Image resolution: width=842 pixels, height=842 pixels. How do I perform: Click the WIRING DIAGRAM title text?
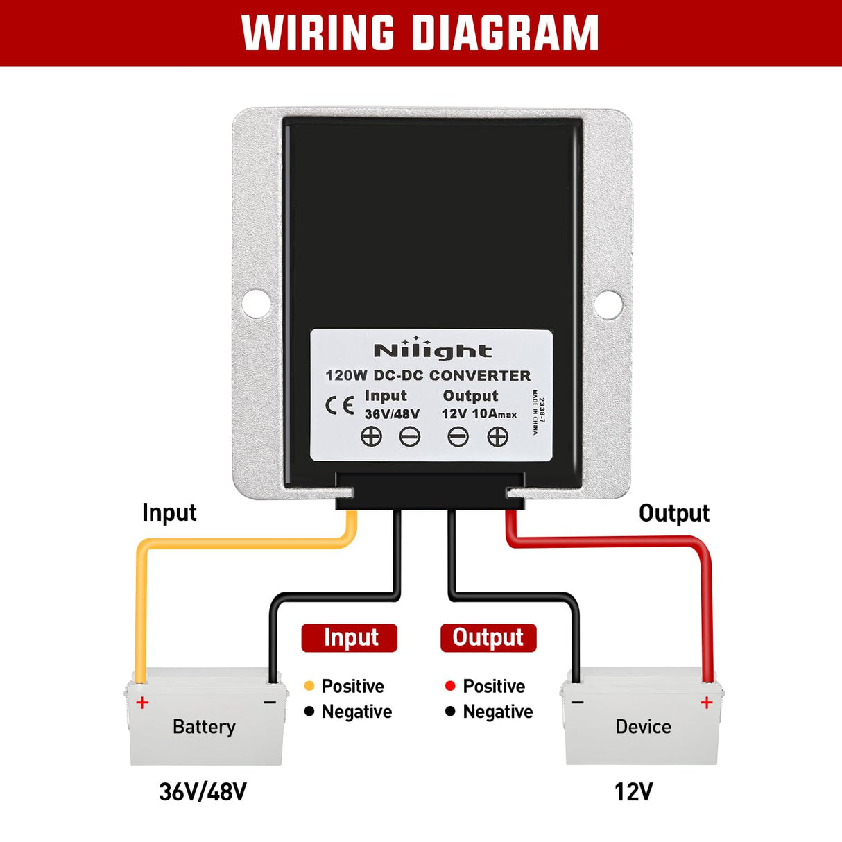tap(420, 33)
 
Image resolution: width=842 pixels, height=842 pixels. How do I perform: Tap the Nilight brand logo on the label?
tap(432, 350)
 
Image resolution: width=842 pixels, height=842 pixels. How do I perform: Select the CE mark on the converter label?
tap(340, 406)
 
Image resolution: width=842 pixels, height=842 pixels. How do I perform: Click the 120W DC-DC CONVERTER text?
tap(428, 376)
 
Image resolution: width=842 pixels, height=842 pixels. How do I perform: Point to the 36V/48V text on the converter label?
tap(392, 414)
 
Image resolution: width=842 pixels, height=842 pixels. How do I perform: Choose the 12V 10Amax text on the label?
tap(479, 414)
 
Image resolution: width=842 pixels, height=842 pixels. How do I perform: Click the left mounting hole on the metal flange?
tap(256, 304)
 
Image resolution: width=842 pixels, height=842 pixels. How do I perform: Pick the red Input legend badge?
tap(350, 637)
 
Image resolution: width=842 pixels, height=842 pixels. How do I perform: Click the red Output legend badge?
tap(488, 637)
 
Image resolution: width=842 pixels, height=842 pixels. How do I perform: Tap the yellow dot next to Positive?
tap(309, 686)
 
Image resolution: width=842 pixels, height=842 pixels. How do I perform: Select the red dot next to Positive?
tap(450, 686)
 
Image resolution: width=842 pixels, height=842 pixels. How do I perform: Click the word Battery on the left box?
tap(204, 727)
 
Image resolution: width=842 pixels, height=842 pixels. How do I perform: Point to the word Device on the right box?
tap(643, 727)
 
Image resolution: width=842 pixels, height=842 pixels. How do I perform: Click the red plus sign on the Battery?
tap(142, 703)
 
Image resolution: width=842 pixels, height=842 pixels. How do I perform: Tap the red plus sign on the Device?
tap(706, 703)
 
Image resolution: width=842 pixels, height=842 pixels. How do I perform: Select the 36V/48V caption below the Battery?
tap(203, 791)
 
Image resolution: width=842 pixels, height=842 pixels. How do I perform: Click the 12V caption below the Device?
tap(633, 791)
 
